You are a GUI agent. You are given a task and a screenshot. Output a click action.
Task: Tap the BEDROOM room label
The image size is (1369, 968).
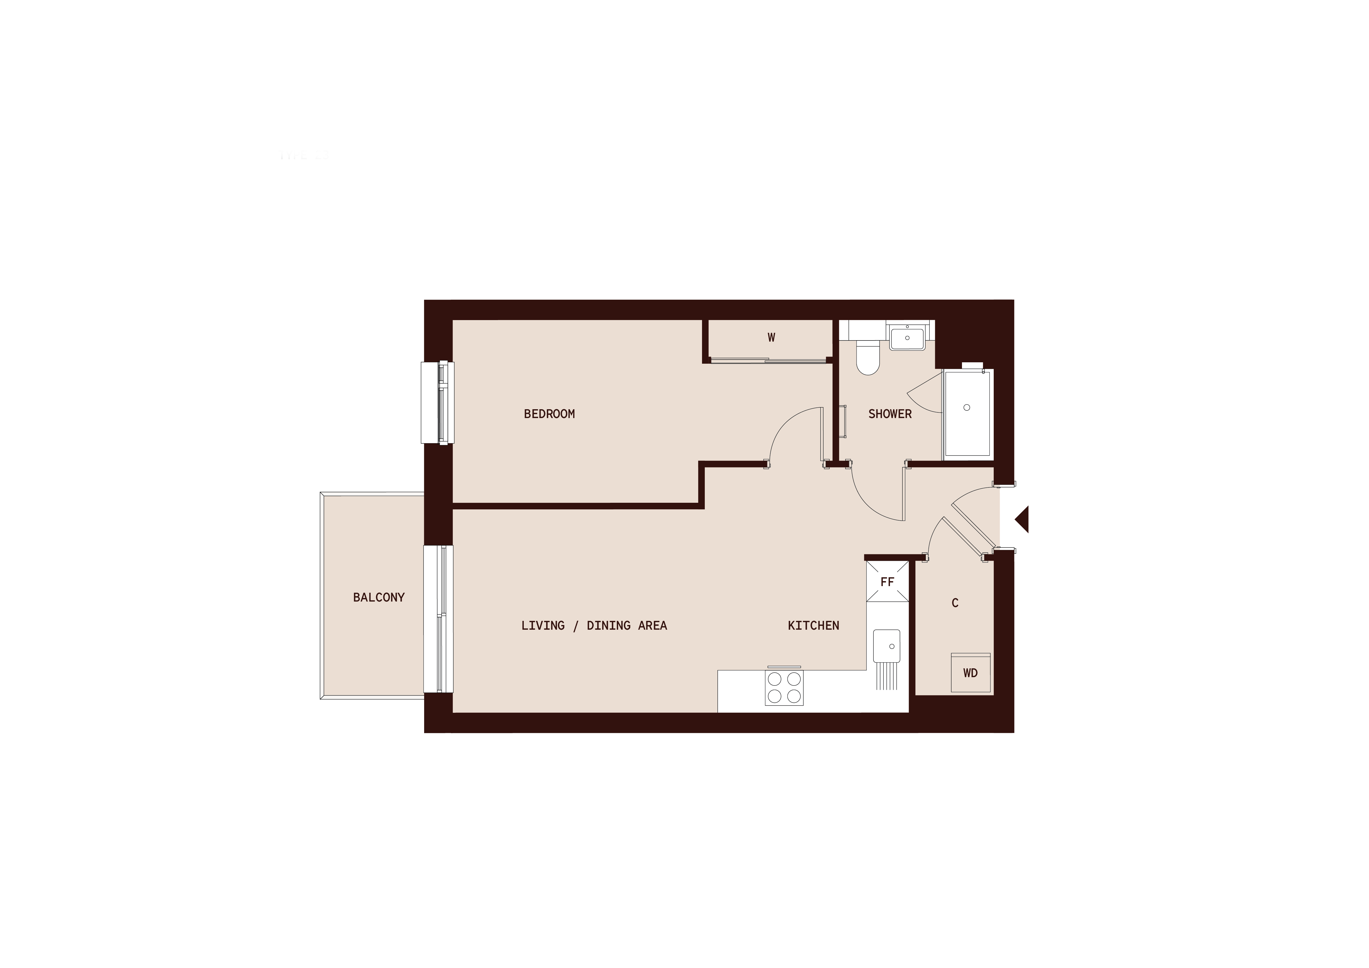pyautogui.click(x=549, y=414)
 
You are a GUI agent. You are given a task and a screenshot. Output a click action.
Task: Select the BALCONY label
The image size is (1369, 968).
pyautogui.click(x=379, y=597)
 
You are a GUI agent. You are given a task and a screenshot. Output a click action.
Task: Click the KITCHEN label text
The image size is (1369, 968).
pyautogui.click(x=813, y=625)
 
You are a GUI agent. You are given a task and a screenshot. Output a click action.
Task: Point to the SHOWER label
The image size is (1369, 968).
pyautogui.click(x=890, y=414)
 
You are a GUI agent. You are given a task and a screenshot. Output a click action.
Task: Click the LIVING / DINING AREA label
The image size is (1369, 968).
pyautogui.click(x=594, y=625)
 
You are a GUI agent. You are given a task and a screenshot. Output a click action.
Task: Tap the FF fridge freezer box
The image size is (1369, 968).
pyautogui.click(x=887, y=582)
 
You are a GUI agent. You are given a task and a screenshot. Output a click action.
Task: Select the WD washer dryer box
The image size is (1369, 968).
pyautogui.click(x=970, y=673)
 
